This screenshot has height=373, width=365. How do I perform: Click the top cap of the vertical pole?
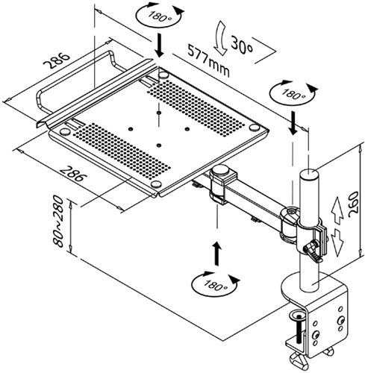[x=307, y=175]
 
